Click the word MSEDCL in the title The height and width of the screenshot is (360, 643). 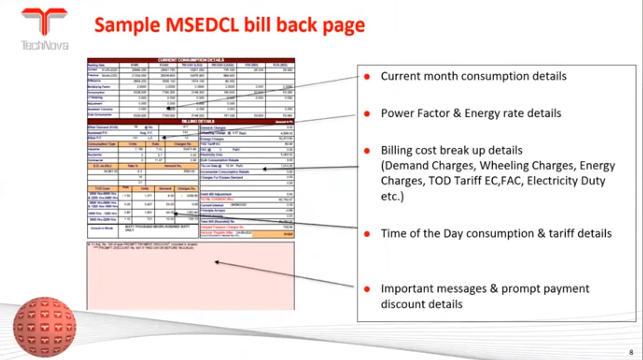point(202,25)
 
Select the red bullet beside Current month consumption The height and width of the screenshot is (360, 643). point(367,76)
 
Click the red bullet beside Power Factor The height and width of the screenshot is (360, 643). point(367,114)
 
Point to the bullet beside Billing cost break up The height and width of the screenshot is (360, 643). point(367,151)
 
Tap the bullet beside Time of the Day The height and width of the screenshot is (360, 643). point(367,234)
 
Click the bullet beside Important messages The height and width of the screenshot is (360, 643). point(367,289)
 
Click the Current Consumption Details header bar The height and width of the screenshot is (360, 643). point(191,60)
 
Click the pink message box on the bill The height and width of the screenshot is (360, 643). point(191,282)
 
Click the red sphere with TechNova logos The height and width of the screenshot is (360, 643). point(44,327)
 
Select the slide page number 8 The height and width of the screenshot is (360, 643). point(631,352)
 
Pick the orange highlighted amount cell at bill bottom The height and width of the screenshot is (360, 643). point(273,234)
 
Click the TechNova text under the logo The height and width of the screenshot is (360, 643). point(45,45)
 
